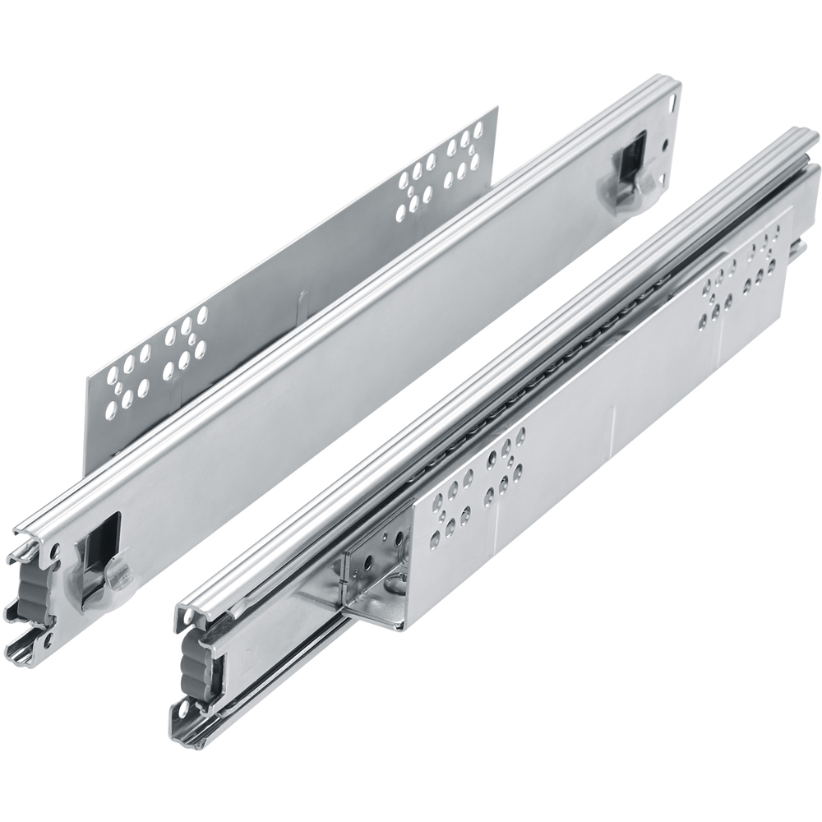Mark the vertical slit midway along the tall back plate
point(302,300)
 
